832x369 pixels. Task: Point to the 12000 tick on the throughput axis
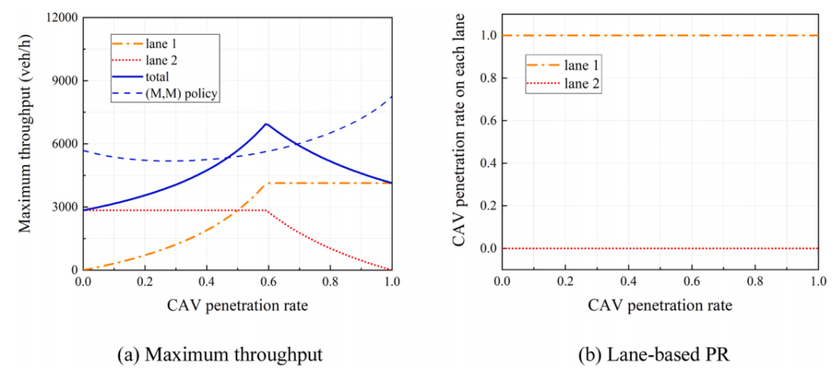63,18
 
